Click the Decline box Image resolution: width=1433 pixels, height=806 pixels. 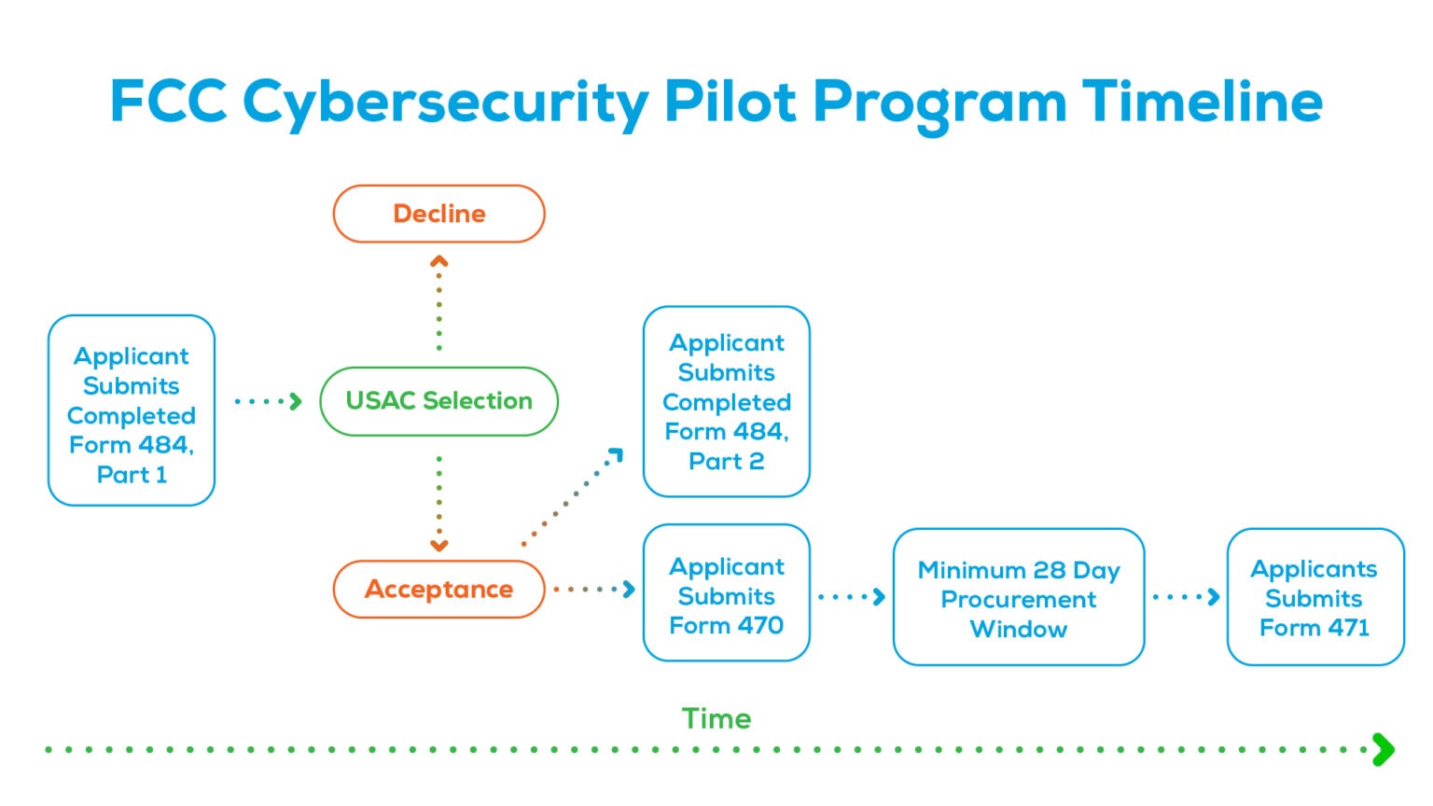438,214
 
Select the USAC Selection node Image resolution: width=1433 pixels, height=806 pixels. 438,401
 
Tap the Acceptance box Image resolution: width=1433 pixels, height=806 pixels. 438,590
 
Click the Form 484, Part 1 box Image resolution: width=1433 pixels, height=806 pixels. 132,411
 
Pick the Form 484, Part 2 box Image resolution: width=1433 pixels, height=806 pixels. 726,401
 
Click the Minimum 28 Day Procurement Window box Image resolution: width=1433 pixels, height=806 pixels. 1018,597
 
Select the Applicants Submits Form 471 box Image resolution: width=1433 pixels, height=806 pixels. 1315,597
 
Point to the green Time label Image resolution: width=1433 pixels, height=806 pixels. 716,718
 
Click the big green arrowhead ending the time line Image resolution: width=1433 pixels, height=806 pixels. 1384,749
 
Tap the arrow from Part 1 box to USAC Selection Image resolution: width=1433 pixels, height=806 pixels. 269,401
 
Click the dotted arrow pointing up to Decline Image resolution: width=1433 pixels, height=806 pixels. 438,303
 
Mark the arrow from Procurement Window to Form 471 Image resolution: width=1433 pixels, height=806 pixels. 1186,597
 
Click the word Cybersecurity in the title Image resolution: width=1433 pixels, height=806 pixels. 445,103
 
